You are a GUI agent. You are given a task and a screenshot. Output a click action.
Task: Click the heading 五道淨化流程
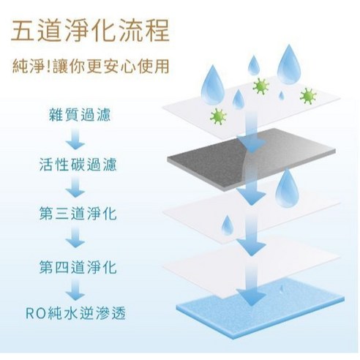point(90,31)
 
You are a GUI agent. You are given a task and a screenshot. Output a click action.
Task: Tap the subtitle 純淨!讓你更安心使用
point(91,66)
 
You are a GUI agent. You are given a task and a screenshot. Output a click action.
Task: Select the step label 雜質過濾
point(80,115)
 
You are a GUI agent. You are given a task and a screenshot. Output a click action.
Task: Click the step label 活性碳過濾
point(78,165)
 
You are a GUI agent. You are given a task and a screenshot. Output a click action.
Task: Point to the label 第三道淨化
point(78,214)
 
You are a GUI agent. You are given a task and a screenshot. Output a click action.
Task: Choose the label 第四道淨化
point(78,267)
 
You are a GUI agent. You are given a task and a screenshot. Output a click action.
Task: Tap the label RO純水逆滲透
point(75,314)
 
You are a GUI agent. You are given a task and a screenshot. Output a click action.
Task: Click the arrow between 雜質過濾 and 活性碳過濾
point(75,138)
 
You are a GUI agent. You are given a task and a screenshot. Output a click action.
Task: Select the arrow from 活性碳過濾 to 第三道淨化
point(75,187)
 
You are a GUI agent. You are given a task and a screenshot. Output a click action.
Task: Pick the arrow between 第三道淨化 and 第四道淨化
point(75,237)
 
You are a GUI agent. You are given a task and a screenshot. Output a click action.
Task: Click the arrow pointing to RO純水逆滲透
point(75,290)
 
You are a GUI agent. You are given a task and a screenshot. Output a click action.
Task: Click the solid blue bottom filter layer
point(261,310)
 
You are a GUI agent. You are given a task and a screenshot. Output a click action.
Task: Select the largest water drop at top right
point(289,66)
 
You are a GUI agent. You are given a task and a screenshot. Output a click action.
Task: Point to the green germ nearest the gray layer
point(218,116)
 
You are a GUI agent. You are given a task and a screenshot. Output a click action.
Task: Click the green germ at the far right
point(308,96)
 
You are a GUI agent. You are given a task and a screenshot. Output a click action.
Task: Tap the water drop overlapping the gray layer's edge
point(288,189)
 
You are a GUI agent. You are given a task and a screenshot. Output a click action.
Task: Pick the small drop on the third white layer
point(228,225)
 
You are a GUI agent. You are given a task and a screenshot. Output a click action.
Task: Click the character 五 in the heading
point(23,31)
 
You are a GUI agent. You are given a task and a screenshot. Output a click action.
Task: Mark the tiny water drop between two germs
point(282,96)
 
